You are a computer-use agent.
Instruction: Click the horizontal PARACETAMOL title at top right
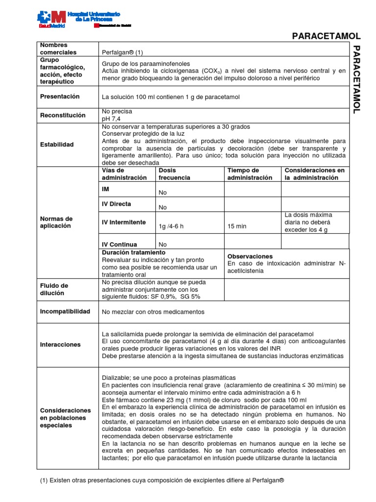coord(326,36)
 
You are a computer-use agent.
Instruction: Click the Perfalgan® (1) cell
coord(122,52)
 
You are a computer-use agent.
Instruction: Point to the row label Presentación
coord(60,97)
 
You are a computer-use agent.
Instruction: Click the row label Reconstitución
coord(63,115)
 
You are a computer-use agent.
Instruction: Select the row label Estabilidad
coord(57,145)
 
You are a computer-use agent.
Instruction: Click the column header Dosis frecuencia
coord(174,174)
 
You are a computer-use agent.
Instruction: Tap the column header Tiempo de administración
coord(250,174)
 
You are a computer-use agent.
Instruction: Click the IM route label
coord(106,188)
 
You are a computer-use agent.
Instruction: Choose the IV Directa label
coord(117,203)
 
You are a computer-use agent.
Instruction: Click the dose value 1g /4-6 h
coord(173,226)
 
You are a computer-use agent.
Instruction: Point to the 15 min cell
coord(237,226)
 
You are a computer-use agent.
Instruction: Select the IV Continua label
coord(119,244)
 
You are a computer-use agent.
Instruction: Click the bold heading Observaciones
coord(250,256)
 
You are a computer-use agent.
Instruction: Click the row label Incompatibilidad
coord(65,312)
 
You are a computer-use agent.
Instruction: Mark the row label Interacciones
coord(60,345)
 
